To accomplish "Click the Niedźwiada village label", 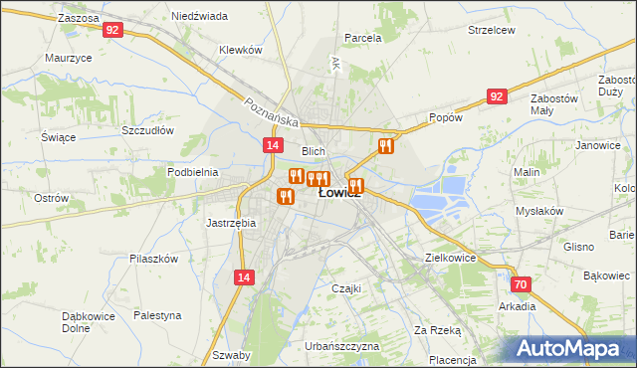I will point(199,17).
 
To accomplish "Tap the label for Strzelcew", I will point(492,30).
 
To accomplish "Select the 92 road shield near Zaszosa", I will point(112,31).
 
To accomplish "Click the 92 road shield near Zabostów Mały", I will point(498,95).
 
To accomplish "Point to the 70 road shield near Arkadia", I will point(523,284).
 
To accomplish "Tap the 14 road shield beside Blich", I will point(272,145).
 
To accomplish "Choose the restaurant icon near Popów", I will point(386,146).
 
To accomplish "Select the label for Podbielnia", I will point(193,172).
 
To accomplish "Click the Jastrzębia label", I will point(231,223).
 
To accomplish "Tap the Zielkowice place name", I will point(450,258).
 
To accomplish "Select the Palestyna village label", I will point(158,315).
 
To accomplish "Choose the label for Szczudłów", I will point(147,130).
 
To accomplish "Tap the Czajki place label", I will point(344,288).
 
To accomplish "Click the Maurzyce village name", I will point(69,58).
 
